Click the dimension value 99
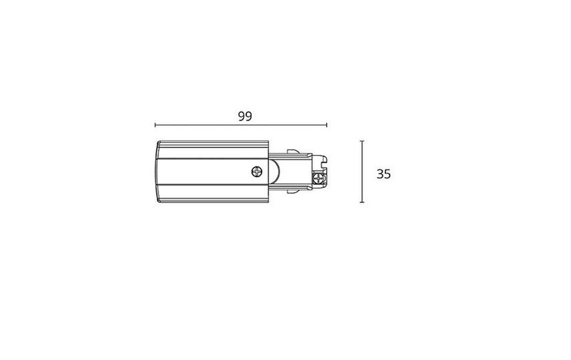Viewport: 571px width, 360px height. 245,116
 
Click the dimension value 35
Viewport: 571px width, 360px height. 383,174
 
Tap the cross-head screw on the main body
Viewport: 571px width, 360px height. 257,171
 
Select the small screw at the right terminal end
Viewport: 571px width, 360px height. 318,179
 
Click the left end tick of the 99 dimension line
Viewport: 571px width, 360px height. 155,125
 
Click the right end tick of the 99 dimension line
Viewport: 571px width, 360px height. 327,125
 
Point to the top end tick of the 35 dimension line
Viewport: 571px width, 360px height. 362,141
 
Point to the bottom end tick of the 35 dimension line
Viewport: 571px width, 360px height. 362,202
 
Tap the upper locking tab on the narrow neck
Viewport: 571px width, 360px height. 293,151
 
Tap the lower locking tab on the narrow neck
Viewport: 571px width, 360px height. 293,191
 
